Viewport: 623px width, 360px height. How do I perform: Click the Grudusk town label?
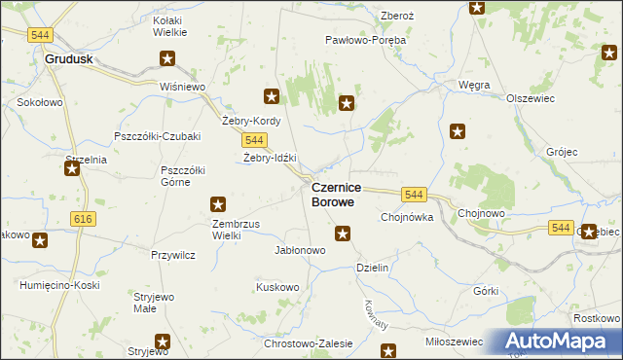pyautogui.click(x=69, y=58)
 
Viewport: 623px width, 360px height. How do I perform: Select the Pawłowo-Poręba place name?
pyautogui.click(x=365, y=41)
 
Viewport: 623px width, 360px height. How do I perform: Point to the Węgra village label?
pyautogui.click(x=474, y=85)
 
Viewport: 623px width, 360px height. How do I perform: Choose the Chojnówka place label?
pyautogui.click(x=406, y=217)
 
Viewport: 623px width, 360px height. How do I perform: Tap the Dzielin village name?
pyautogui.click(x=373, y=267)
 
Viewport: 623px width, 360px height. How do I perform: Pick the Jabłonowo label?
pyautogui.click(x=300, y=249)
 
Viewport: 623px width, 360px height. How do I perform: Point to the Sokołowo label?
pyautogui.click(x=40, y=101)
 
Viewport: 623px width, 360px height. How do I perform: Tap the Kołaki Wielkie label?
pyautogui.click(x=170, y=25)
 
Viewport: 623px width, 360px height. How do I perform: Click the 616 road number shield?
pyautogui.click(x=83, y=220)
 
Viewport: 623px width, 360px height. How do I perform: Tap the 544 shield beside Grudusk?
pyautogui.click(x=40, y=35)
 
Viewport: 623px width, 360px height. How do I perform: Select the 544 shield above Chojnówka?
pyautogui.click(x=415, y=195)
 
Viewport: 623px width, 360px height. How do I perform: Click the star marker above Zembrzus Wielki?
pyautogui.click(x=218, y=204)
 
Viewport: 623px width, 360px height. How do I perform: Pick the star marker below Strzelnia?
pyautogui.click(x=72, y=169)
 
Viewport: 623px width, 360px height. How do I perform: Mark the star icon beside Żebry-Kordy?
pyautogui.click(x=272, y=96)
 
